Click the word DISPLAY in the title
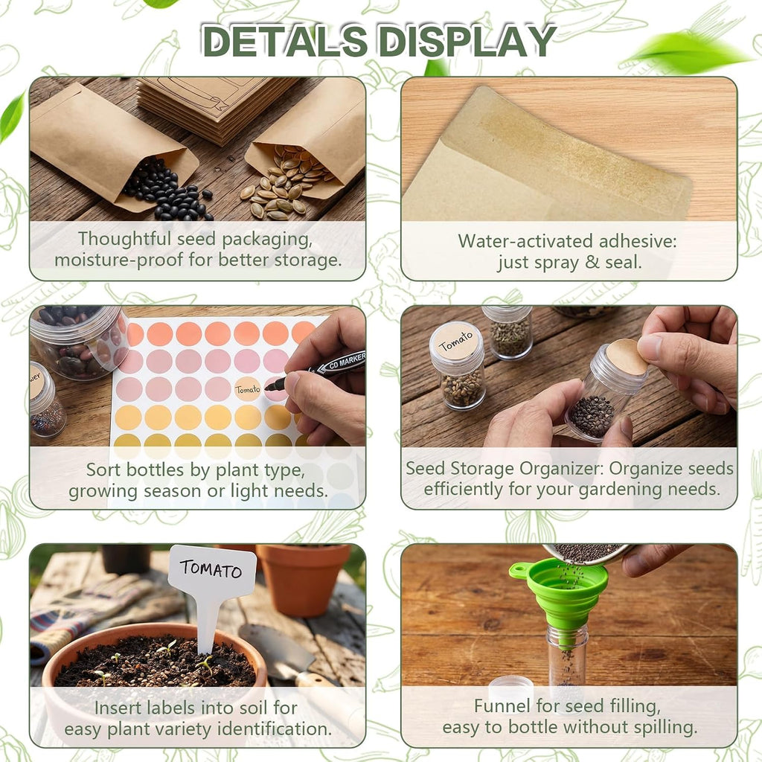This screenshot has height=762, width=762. (467, 41)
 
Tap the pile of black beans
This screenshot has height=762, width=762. (167, 192)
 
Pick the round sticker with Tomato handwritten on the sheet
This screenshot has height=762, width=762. (248, 388)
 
